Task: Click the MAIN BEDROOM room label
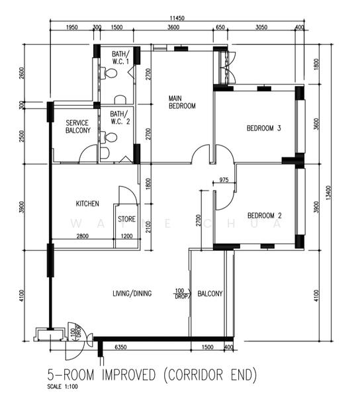coord(182,101)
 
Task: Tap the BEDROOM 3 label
coord(265,128)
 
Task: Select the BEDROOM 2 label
coord(265,216)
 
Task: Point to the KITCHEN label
coord(87,204)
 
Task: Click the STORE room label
coord(127,218)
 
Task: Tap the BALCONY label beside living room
coord(210,294)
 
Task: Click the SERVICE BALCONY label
coord(77,126)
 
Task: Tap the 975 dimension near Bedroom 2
coord(223,180)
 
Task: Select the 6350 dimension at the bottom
coord(120,347)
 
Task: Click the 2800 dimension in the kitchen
coord(83,236)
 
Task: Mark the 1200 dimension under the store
coord(126,236)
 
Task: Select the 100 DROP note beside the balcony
coord(180,293)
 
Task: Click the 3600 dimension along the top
coord(173,28)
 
